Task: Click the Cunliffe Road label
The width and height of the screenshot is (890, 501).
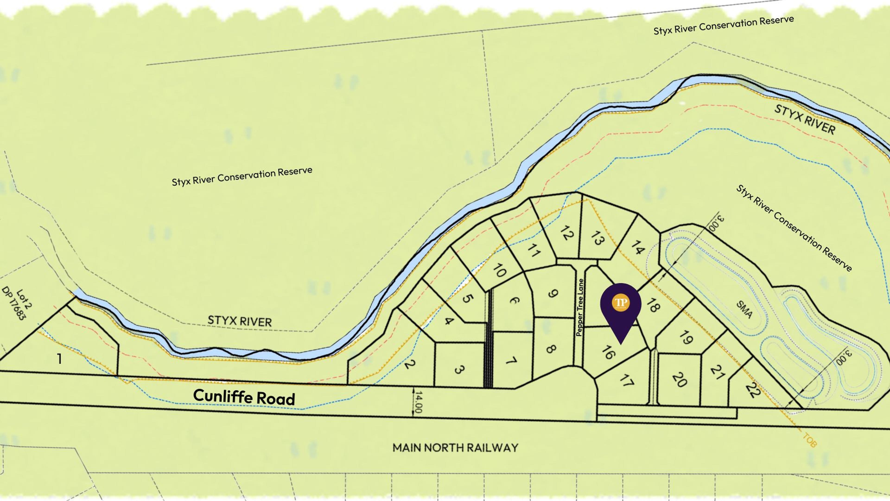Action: pos(244,397)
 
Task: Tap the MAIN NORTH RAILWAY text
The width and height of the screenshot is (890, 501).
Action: pos(455,448)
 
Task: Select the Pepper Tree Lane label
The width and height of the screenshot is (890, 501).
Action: pos(580,307)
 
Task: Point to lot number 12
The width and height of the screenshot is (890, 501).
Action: pos(566,233)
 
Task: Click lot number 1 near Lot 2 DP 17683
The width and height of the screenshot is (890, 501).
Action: pos(59,359)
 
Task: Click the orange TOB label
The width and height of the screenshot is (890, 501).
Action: pos(809,440)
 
